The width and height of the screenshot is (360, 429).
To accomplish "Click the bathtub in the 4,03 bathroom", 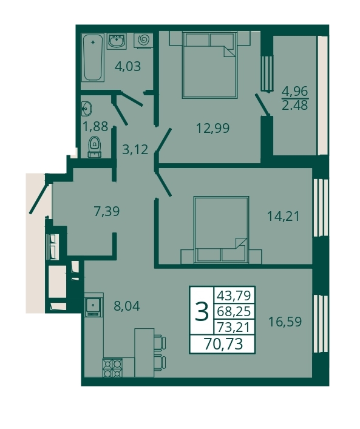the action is pyautogui.click(x=93, y=58).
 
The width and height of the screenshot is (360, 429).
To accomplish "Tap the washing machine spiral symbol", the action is pyautogui.click(x=143, y=40).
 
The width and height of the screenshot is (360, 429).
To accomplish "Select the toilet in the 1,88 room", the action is pyautogui.click(x=95, y=146).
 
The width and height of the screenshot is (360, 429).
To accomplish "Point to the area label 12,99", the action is pyautogui.click(x=213, y=128).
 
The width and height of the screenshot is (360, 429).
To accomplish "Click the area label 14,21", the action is pyautogui.click(x=283, y=216).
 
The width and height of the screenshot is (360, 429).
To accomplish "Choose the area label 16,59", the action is pyautogui.click(x=285, y=322).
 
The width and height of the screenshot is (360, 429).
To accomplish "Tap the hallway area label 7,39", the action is pyautogui.click(x=107, y=212).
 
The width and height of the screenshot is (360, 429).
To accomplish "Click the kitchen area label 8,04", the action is pyautogui.click(x=127, y=306).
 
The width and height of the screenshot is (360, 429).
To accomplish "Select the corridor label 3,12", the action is pyautogui.click(x=135, y=149).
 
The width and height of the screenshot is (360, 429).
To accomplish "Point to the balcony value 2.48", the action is pyautogui.click(x=295, y=105).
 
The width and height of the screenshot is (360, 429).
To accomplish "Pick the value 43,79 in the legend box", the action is pyautogui.click(x=234, y=296).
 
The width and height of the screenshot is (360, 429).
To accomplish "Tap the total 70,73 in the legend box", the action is pyautogui.click(x=223, y=344).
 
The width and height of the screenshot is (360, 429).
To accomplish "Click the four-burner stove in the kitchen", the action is pyautogui.click(x=112, y=368).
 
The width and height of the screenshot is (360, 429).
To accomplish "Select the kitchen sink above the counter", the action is pyautogui.click(x=93, y=305).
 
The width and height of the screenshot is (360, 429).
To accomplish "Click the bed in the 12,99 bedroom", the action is pyautogui.click(x=209, y=64).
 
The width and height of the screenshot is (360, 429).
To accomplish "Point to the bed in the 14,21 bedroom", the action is pyautogui.click(x=221, y=230).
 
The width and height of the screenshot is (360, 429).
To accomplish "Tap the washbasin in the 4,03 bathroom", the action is pyautogui.click(x=117, y=42).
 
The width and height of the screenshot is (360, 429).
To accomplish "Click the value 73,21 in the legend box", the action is pyautogui.click(x=234, y=327).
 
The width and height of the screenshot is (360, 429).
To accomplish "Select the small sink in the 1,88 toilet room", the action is pyautogui.click(x=86, y=108).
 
